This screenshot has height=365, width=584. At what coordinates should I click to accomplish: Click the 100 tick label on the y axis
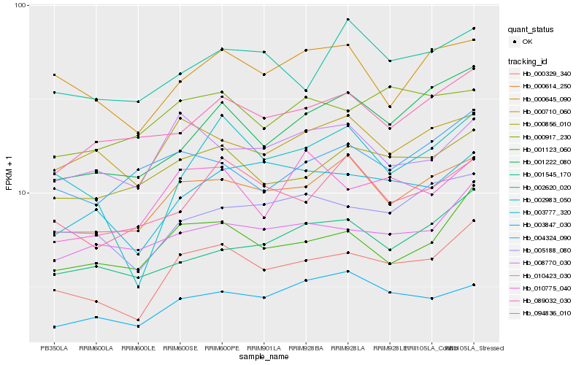[x=20, y=5]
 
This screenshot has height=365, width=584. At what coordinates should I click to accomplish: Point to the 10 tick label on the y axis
[x=21, y=193]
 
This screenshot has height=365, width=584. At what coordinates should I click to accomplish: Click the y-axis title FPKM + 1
[x=9, y=173]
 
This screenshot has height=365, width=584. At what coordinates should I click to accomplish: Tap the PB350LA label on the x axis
[x=53, y=347]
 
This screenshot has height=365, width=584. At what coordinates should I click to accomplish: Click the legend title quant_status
[x=533, y=30]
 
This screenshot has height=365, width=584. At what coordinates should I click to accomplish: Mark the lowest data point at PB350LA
[x=53, y=327]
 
